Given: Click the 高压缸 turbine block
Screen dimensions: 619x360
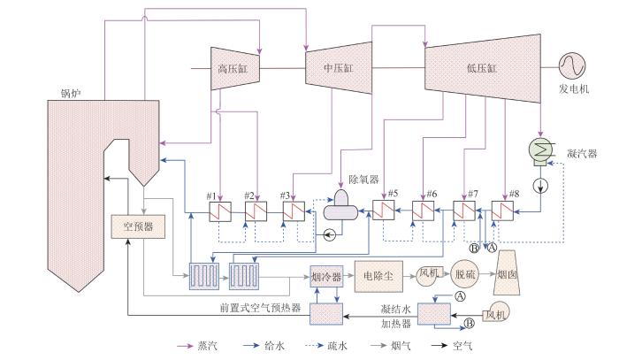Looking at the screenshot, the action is tap(235, 69).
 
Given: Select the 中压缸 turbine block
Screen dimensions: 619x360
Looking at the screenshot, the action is tap(339, 68).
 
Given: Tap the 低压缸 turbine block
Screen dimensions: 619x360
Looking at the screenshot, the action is tap(483, 68).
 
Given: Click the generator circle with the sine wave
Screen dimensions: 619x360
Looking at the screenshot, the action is tap(572, 65).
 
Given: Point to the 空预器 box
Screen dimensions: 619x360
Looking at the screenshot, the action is tap(138, 226).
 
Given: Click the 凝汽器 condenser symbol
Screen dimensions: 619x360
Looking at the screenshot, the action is tap(541, 150).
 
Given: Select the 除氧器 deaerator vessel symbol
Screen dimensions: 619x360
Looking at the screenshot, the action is tap(340, 206).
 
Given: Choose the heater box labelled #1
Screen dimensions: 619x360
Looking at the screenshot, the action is tap(220, 211).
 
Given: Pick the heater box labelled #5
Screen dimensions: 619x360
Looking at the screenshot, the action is tap(383, 210).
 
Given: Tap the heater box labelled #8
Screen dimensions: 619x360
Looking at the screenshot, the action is tap(502, 211).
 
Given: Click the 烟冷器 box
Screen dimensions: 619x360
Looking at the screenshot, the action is tap(326, 276).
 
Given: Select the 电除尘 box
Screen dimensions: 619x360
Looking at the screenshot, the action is tap(378, 276).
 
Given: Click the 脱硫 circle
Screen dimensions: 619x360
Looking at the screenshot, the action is tap(465, 274).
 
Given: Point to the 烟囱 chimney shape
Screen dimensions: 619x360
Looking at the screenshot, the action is tap(507, 272).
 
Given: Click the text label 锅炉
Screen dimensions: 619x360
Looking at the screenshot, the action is tap(71, 94).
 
